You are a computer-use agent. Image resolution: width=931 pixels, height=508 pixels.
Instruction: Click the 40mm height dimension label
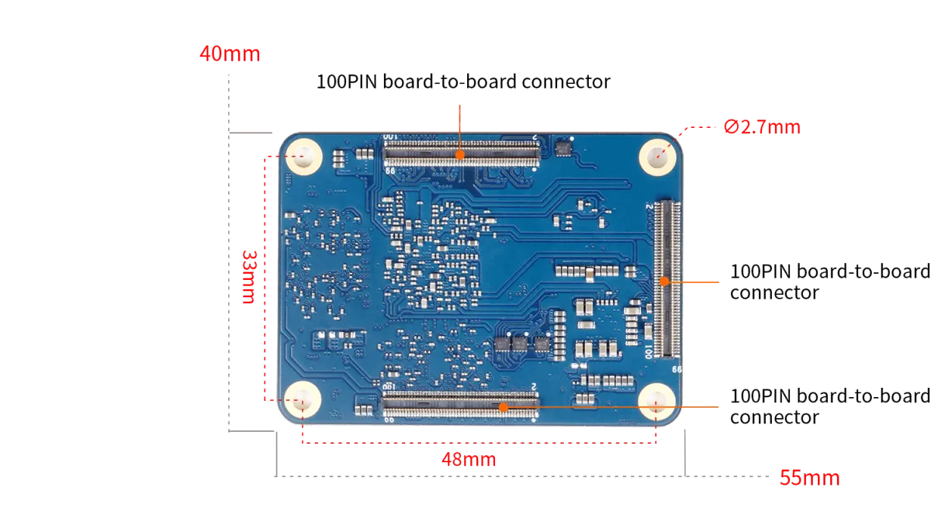[230, 55]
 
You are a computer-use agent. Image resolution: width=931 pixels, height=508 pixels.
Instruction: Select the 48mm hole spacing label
[468, 460]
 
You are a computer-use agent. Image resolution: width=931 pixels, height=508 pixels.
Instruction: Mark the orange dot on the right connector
[664, 281]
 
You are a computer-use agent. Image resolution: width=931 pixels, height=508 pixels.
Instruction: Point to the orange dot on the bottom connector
[503, 406]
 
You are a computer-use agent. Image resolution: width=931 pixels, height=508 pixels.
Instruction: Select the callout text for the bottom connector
[826, 407]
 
